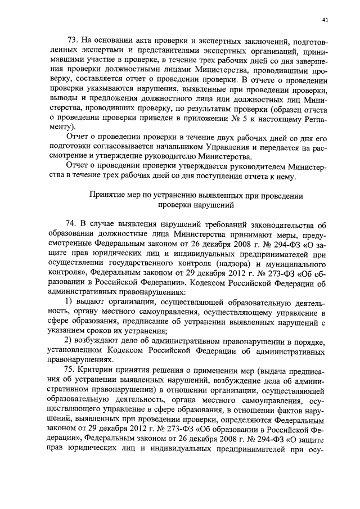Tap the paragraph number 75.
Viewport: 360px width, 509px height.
[73, 375]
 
